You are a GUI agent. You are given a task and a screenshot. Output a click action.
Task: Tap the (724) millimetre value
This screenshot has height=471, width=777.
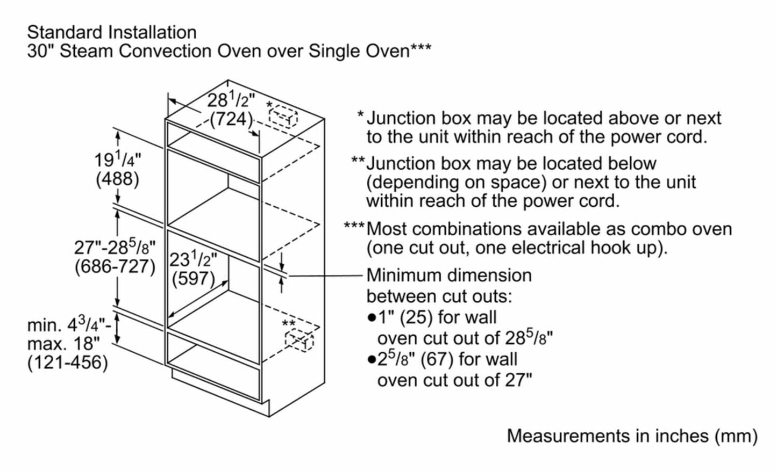click(x=231, y=119)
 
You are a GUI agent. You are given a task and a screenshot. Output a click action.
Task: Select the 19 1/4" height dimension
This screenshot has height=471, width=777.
click(x=117, y=160)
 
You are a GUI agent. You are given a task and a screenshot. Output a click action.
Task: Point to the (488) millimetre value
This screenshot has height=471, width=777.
click(x=117, y=179)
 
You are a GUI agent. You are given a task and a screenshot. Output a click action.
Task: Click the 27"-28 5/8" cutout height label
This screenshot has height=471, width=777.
click(x=115, y=248)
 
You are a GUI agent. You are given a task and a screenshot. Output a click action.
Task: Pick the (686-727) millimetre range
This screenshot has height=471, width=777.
click(x=115, y=266)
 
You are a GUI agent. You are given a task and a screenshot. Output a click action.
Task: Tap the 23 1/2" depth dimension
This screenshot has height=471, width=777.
click(x=193, y=260)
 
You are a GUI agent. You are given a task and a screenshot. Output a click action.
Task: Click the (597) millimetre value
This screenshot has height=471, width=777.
click(x=193, y=278)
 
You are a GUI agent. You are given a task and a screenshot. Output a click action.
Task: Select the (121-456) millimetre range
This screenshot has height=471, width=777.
click(x=67, y=363)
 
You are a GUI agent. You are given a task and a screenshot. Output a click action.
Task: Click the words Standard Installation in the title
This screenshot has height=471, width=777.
click(x=112, y=32)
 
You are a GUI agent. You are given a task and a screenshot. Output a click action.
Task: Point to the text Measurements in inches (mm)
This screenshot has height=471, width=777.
click(x=632, y=436)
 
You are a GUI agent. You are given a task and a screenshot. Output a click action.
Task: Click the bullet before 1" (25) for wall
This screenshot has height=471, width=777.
click(x=371, y=318)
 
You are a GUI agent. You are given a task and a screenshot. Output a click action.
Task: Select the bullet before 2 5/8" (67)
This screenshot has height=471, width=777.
click(x=371, y=360)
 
